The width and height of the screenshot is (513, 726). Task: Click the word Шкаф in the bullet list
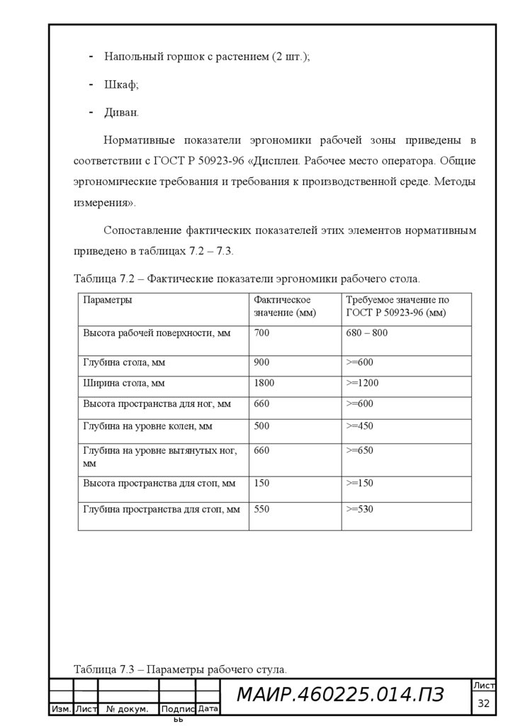[121, 84]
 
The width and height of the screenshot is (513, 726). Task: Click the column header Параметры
[108, 300]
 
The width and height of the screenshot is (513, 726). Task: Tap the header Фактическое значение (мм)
[285, 306]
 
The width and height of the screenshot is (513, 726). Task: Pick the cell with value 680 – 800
[367, 333]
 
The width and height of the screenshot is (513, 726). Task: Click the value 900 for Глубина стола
[261, 362]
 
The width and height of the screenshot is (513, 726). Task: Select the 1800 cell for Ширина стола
[264, 383]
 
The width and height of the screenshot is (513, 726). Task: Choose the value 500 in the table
[261, 426]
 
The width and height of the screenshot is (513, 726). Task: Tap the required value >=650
[359, 450]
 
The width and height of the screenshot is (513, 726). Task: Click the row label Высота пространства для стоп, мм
[159, 483]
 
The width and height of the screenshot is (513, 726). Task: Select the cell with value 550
[261, 509]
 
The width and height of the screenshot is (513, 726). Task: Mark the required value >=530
[359, 509]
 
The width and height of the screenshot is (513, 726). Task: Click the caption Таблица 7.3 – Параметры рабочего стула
[181, 669]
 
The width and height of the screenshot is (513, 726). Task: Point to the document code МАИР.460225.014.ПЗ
[340, 696]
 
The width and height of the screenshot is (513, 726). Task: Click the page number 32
[485, 703]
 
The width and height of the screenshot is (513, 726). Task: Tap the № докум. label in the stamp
[127, 709]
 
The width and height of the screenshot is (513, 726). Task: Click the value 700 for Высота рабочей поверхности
[261, 333]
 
